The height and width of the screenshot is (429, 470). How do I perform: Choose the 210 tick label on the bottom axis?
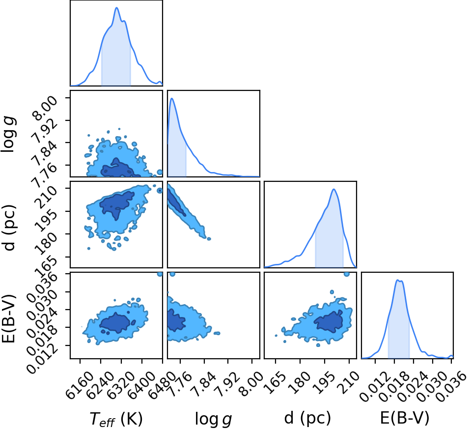[x=350, y=381]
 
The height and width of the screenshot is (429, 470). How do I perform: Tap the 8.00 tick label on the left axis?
[x=46, y=108]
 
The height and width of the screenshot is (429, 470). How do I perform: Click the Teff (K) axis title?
[x=116, y=419]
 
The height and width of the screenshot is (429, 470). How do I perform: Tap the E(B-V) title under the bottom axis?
[x=405, y=418]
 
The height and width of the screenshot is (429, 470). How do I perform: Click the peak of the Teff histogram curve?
[x=116, y=8]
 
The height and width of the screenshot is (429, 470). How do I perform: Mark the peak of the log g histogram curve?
[x=172, y=98]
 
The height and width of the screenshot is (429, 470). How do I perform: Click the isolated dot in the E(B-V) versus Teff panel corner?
[x=160, y=274]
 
